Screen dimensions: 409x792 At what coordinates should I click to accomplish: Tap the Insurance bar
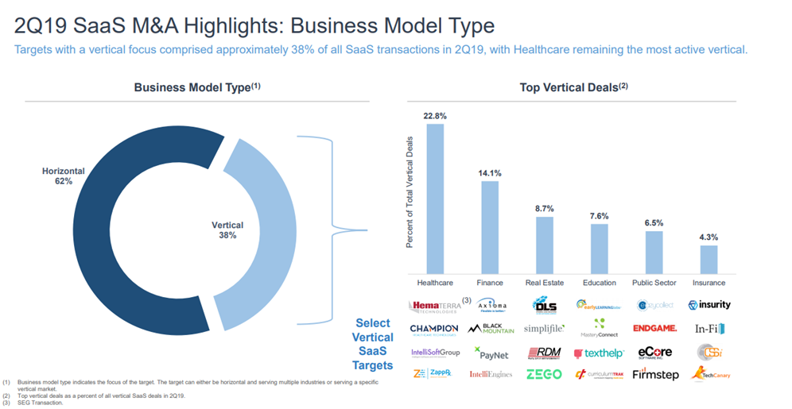click(x=709, y=259)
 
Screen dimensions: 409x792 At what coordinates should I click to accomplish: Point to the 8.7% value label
click(x=545, y=208)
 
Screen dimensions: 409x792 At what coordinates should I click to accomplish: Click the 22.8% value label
click(x=435, y=116)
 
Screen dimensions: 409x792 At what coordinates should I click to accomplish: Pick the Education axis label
click(x=599, y=283)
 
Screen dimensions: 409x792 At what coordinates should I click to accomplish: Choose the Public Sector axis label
click(x=654, y=283)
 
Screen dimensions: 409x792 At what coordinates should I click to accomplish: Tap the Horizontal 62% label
click(x=58, y=176)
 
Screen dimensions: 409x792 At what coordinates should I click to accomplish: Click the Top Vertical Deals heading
click(x=573, y=87)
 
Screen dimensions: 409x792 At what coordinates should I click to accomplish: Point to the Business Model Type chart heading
click(x=197, y=87)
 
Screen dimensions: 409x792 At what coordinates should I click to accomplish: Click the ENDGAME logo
click(x=654, y=328)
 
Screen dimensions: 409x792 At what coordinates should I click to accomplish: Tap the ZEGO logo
click(x=544, y=374)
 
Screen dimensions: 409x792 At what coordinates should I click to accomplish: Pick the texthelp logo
click(x=599, y=352)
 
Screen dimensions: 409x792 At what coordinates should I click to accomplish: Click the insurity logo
click(x=709, y=305)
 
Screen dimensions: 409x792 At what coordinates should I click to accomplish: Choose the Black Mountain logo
click(x=490, y=328)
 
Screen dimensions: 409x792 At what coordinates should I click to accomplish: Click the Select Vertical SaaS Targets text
click(x=373, y=344)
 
